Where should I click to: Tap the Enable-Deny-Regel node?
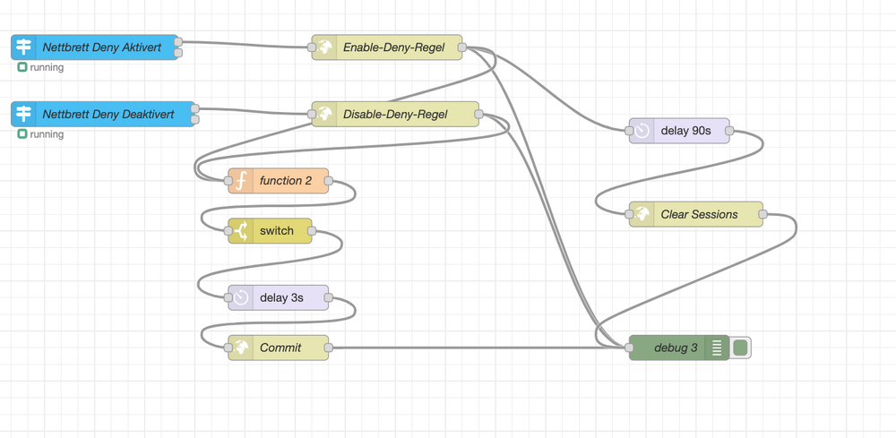(x=392, y=47)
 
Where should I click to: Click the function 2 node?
(x=285, y=181)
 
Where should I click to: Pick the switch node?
(x=276, y=231)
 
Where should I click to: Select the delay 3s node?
(x=280, y=297)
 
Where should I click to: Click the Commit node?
(x=280, y=348)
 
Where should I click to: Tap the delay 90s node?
(x=685, y=131)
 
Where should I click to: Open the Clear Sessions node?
(x=699, y=215)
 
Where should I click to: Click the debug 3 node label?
(x=676, y=348)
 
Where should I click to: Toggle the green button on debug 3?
(x=740, y=348)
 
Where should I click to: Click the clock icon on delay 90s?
(x=642, y=131)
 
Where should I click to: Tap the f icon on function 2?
(x=240, y=181)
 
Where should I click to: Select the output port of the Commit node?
(x=329, y=348)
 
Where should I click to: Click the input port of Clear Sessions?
(x=629, y=215)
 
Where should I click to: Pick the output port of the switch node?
(x=312, y=231)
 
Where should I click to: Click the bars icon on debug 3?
(x=717, y=348)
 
